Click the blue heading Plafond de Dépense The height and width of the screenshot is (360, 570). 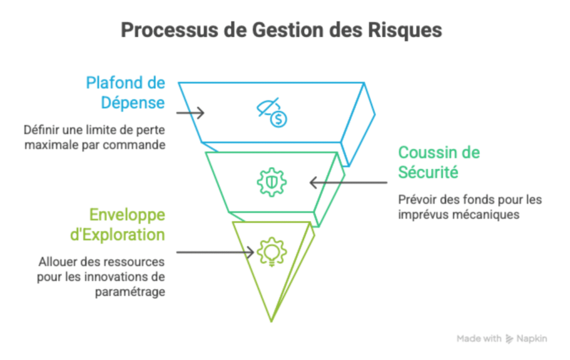(x=126, y=93)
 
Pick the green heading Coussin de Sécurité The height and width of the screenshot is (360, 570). (x=439, y=162)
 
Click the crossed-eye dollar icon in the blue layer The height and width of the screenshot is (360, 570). (x=272, y=112)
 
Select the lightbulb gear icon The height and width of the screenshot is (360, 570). (x=271, y=251)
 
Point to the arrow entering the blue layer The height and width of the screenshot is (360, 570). (x=190, y=113)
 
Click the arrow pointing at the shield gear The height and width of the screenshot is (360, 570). (x=347, y=182)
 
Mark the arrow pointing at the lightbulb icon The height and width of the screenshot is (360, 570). (x=214, y=251)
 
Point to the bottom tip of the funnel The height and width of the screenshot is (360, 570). (x=271, y=320)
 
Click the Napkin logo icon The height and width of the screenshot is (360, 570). (x=509, y=339)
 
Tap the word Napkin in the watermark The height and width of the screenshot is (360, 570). (x=532, y=339)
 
